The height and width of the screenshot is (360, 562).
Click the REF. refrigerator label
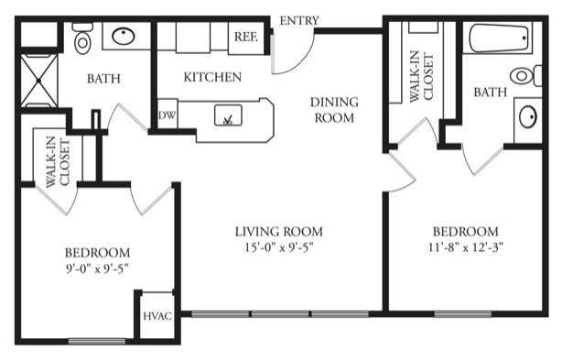(x=245, y=37)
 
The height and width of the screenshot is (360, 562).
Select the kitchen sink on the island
(x=228, y=115)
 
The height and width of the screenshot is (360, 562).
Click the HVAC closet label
(x=157, y=316)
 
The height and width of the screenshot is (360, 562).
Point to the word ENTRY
(x=299, y=21)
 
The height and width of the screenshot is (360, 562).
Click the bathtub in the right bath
(x=499, y=38)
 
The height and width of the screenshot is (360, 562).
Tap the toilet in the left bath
(x=82, y=38)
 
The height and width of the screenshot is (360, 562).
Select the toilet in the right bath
(x=525, y=76)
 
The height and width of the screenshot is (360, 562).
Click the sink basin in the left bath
(x=124, y=36)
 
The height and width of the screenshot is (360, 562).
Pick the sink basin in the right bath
(x=528, y=116)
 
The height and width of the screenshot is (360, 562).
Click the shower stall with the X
(x=39, y=81)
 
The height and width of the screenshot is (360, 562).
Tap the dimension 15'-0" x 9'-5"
(x=279, y=247)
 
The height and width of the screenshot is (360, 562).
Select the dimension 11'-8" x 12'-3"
(x=466, y=247)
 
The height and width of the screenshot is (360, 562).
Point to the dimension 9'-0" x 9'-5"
(x=97, y=268)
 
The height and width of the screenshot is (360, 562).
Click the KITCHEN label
(x=212, y=77)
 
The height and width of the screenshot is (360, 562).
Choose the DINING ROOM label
(x=334, y=110)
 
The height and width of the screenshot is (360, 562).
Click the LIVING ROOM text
(x=279, y=232)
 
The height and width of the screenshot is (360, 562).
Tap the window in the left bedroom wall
(x=97, y=341)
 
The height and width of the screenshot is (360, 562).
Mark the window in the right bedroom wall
(x=463, y=314)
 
